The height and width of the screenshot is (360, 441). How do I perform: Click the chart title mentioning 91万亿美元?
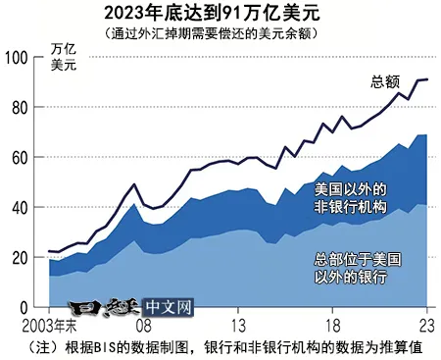(x=220, y=14)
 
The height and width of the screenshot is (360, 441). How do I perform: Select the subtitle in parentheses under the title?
(x=220, y=33)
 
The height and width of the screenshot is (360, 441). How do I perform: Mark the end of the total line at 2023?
(x=427, y=79)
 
